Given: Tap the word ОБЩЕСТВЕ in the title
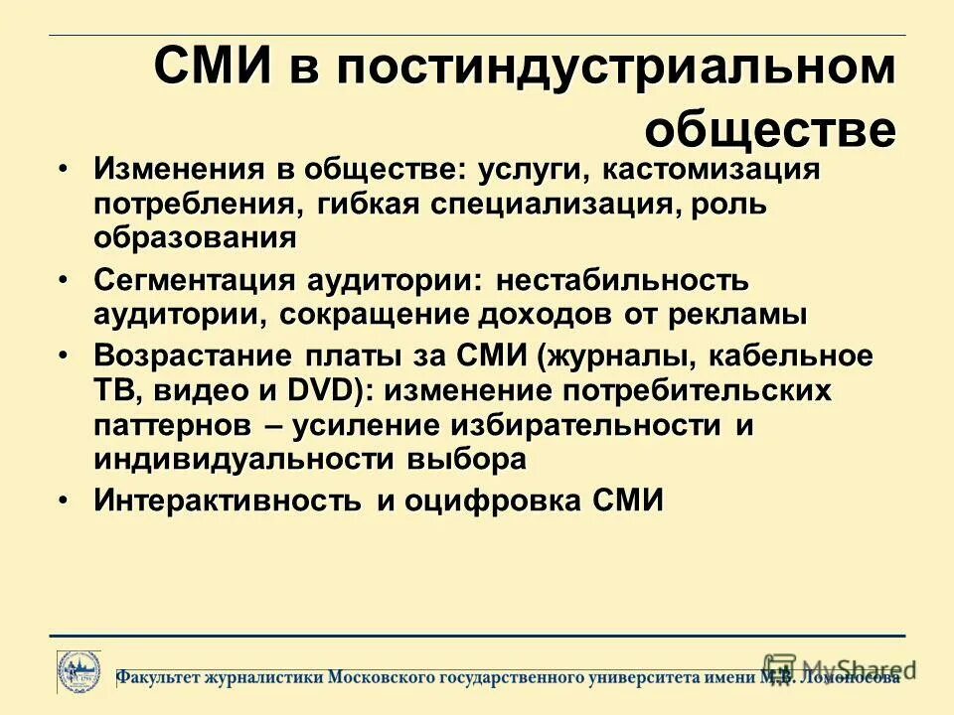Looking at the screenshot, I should coord(770,128).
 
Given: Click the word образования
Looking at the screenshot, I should coord(196,238).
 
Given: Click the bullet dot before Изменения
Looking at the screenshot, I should coord(64,169).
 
